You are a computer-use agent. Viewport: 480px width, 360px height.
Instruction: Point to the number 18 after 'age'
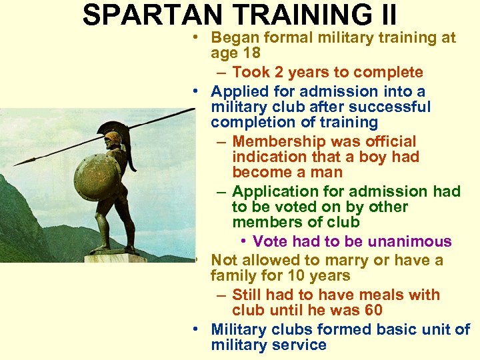pyautogui.click(x=251, y=53)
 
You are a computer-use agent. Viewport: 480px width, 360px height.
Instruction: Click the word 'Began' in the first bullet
pyautogui.click(x=233, y=37)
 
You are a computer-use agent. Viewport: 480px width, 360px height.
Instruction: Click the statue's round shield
pyautogui.click(x=96, y=177)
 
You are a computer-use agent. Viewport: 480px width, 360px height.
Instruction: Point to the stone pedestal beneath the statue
pyautogui.click(x=114, y=257)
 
